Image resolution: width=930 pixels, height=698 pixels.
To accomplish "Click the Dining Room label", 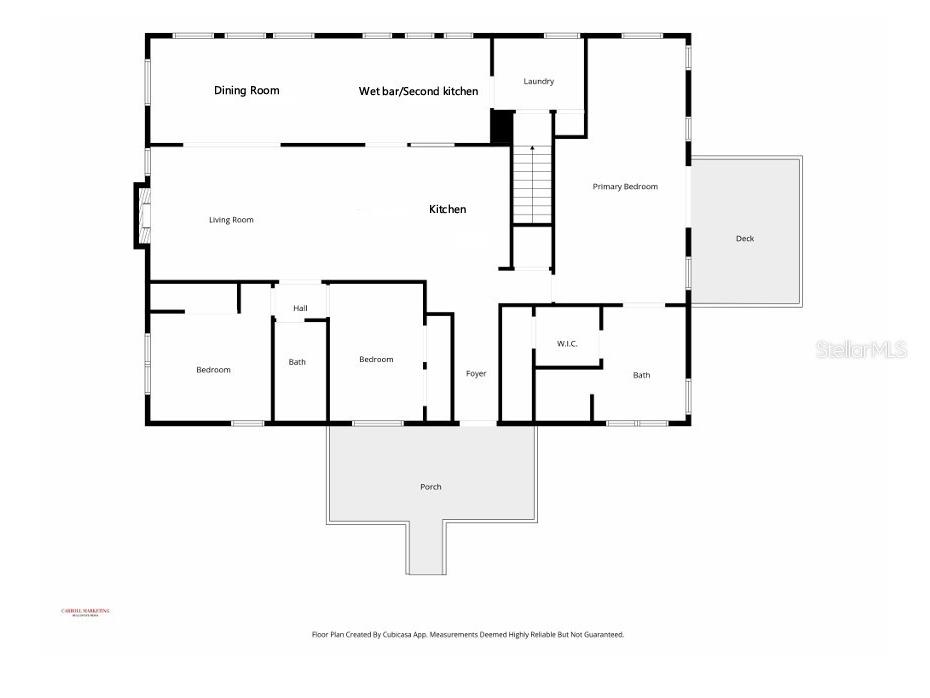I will pyautogui.click(x=246, y=91).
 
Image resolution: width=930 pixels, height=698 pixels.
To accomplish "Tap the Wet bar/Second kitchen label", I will pyautogui.click(x=418, y=91).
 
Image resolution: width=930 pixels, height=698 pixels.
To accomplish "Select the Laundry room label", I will pyautogui.click(x=538, y=82).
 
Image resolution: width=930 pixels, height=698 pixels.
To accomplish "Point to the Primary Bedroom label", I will pyautogui.click(x=625, y=187).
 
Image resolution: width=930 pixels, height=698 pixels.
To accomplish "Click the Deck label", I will pyautogui.click(x=745, y=239).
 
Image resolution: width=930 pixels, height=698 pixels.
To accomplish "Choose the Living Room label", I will pyautogui.click(x=231, y=220).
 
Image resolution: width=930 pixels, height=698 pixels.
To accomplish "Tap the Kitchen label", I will pyautogui.click(x=447, y=210).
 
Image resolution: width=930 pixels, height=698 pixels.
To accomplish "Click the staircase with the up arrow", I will pyautogui.click(x=533, y=185).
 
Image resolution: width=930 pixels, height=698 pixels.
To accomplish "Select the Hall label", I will pyautogui.click(x=300, y=308).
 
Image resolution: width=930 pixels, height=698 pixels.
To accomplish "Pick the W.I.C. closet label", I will pyautogui.click(x=567, y=344).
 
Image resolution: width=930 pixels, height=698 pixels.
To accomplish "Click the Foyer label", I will pyautogui.click(x=476, y=374).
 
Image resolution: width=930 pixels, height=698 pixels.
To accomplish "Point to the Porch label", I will pyautogui.click(x=430, y=487).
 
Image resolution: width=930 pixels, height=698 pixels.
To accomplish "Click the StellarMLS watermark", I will pyautogui.click(x=861, y=349).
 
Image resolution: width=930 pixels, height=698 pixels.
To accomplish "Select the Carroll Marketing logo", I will pyautogui.click(x=86, y=612).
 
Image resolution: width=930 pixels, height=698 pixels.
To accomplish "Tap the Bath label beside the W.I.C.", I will pyautogui.click(x=641, y=376).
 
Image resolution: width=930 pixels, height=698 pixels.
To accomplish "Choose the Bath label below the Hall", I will pyautogui.click(x=297, y=362).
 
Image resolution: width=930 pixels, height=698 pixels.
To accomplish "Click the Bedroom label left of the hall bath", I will pyautogui.click(x=213, y=370).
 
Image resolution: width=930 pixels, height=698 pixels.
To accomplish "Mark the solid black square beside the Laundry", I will pyautogui.click(x=501, y=126).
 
